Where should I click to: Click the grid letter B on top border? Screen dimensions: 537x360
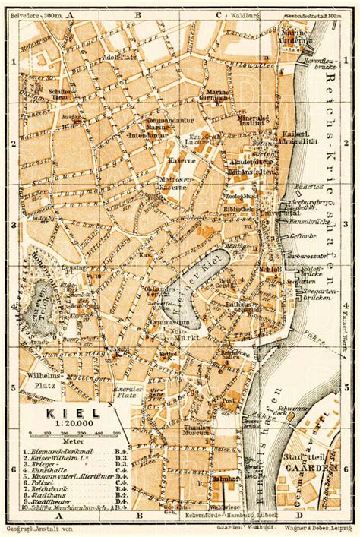139,14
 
